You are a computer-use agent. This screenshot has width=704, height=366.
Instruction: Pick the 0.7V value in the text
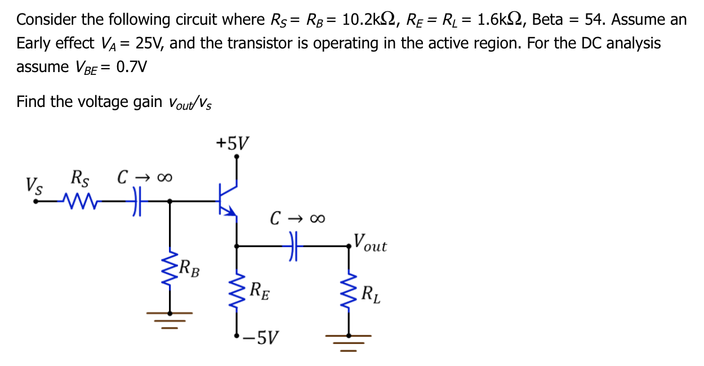coord(131,67)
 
